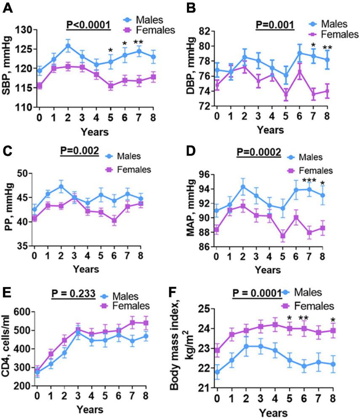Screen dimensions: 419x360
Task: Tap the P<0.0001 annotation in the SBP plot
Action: tap(88, 24)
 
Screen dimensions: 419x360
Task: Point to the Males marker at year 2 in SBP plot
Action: tap(68, 46)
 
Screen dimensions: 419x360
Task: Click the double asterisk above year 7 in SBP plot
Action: tap(139, 43)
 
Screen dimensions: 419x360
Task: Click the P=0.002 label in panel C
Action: tap(80, 150)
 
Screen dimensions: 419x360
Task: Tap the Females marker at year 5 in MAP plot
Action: tap(282, 236)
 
